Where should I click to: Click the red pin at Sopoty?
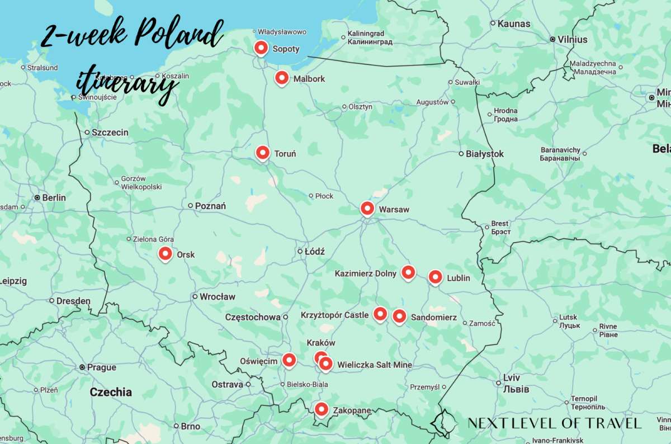click(x=261, y=48)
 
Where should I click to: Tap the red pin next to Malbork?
click(x=282, y=78)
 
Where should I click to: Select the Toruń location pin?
click(x=263, y=152)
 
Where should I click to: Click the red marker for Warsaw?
click(x=367, y=209)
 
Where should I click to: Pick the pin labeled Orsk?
click(x=165, y=254)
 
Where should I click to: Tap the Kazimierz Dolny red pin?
click(x=409, y=272)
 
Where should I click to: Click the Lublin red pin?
click(x=436, y=277)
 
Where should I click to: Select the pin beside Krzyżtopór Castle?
click(x=380, y=314)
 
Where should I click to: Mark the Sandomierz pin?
click(x=399, y=317)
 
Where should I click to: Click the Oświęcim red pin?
click(x=289, y=360)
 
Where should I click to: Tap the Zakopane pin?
click(x=320, y=409)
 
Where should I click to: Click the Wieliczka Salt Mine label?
click(x=374, y=365)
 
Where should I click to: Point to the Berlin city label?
click(x=54, y=197)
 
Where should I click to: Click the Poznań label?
click(x=210, y=206)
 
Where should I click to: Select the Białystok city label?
click(x=485, y=154)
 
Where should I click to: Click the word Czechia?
click(x=111, y=392)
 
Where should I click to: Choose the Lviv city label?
click(x=512, y=377)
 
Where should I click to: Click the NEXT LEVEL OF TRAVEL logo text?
click(x=554, y=423)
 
